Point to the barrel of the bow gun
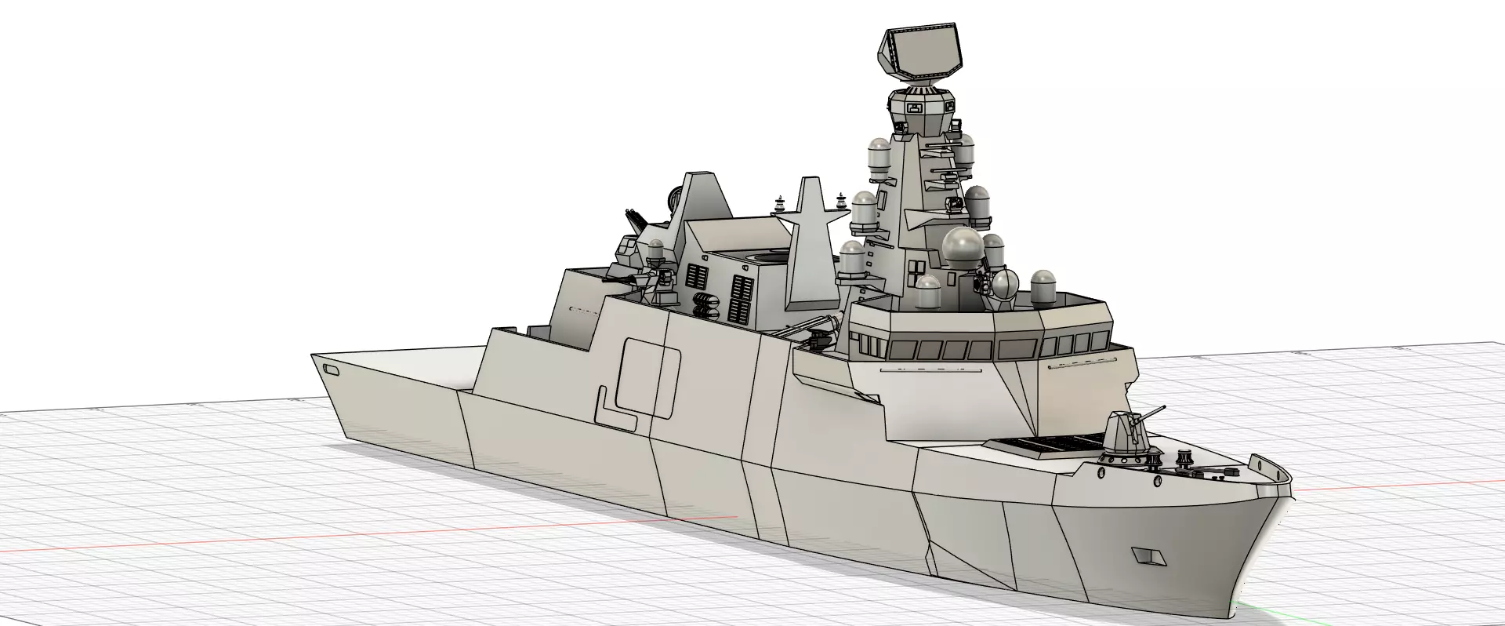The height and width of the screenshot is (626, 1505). click(x=1152, y=412)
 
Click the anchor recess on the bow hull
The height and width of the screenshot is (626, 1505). click(x=1149, y=556)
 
